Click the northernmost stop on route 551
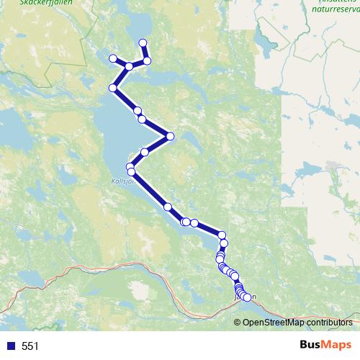point(143,42)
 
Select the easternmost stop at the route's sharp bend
point(171,135)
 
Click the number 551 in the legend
point(31,346)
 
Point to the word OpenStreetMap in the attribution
point(273,322)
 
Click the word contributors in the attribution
point(328,322)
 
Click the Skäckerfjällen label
point(27,2)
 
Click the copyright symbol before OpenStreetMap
point(238,322)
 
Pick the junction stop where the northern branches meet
point(129,66)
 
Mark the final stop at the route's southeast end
point(247,297)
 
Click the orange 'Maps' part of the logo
point(334,346)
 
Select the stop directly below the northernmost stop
point(147,60)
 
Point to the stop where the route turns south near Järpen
point(222,235)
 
